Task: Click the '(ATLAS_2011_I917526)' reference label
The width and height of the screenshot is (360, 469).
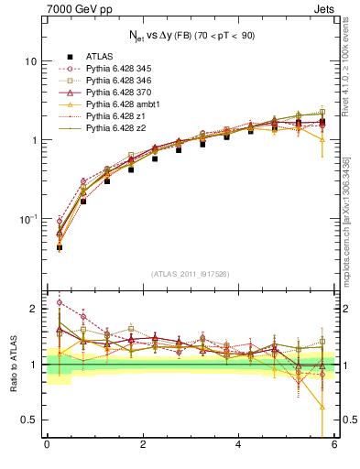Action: (190, 274)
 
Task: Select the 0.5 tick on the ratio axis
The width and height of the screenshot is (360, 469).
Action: (27, 420)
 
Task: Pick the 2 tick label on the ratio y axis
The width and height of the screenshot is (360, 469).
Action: (32, 309)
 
